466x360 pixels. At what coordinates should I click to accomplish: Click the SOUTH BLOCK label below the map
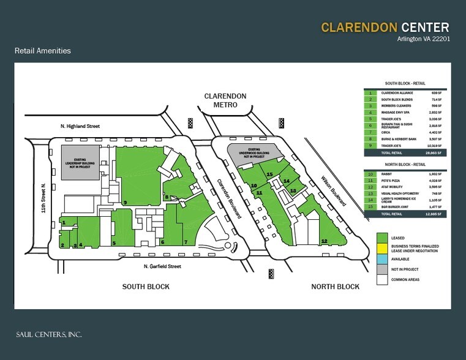click(145, 287)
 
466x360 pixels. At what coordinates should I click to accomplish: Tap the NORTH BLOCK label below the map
click(335, 287)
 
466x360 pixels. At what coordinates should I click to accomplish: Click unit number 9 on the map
click(125, 202)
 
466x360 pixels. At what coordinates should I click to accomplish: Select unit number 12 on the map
click(323, 241)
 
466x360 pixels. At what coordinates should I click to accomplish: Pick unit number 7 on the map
click(186, 242)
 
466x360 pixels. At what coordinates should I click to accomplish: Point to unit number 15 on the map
click(269, 174)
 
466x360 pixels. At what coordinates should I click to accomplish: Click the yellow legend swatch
click(382, 248)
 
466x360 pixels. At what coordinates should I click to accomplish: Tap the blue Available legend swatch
click(382, 259)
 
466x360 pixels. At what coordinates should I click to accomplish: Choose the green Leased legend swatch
click(382, 236)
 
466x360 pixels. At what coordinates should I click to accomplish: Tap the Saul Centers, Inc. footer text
click(49, 334)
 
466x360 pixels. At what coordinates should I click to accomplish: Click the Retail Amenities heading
click(43, 51)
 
